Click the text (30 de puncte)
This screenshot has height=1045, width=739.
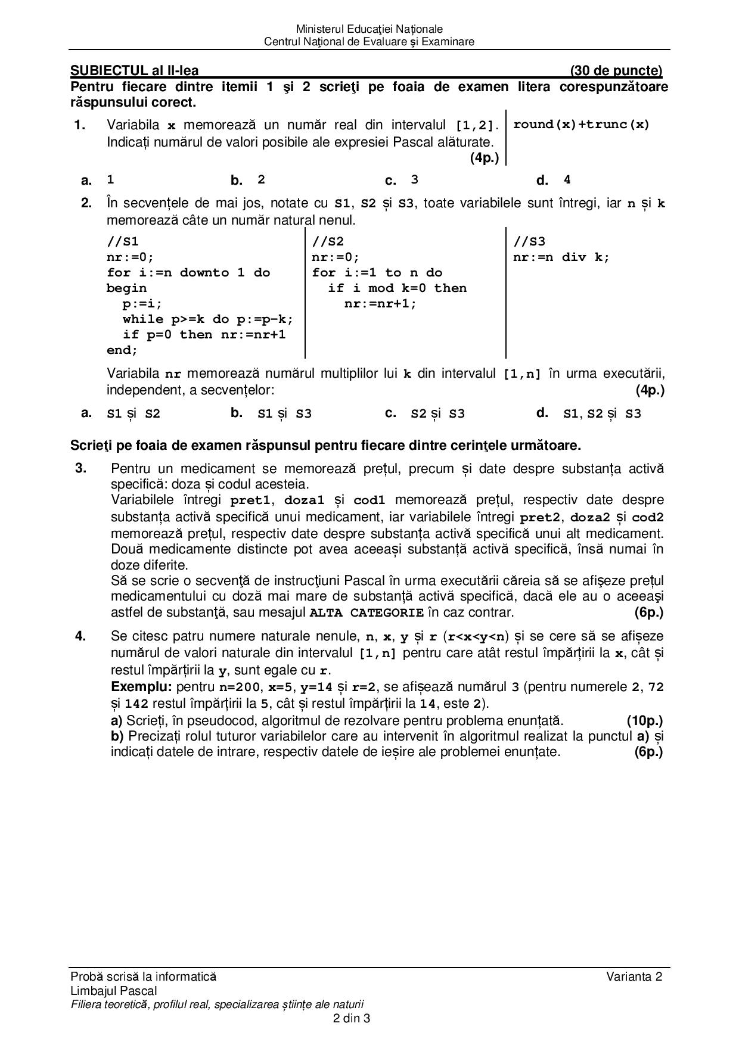click(x=616, y=71)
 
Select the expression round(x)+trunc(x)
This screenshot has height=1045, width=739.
click(x=581, y=125)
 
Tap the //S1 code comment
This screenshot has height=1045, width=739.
click(x=123, y=241)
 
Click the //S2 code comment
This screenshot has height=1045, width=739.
click(x=328, y=241)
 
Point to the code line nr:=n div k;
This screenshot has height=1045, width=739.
click(x=561, y=257)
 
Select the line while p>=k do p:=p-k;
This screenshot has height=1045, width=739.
click(x=208, y=319)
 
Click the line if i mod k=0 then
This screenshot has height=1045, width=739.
click(x=397, y=288)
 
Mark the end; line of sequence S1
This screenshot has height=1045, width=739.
click(x=122, y=350)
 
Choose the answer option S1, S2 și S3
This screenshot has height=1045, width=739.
click(x=602, y=413)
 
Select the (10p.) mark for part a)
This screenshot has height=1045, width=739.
click(x=644, y=720)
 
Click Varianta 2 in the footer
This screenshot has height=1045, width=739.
click(x=634, y=976)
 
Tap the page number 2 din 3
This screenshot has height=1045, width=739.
click(x=352, y=1018)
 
